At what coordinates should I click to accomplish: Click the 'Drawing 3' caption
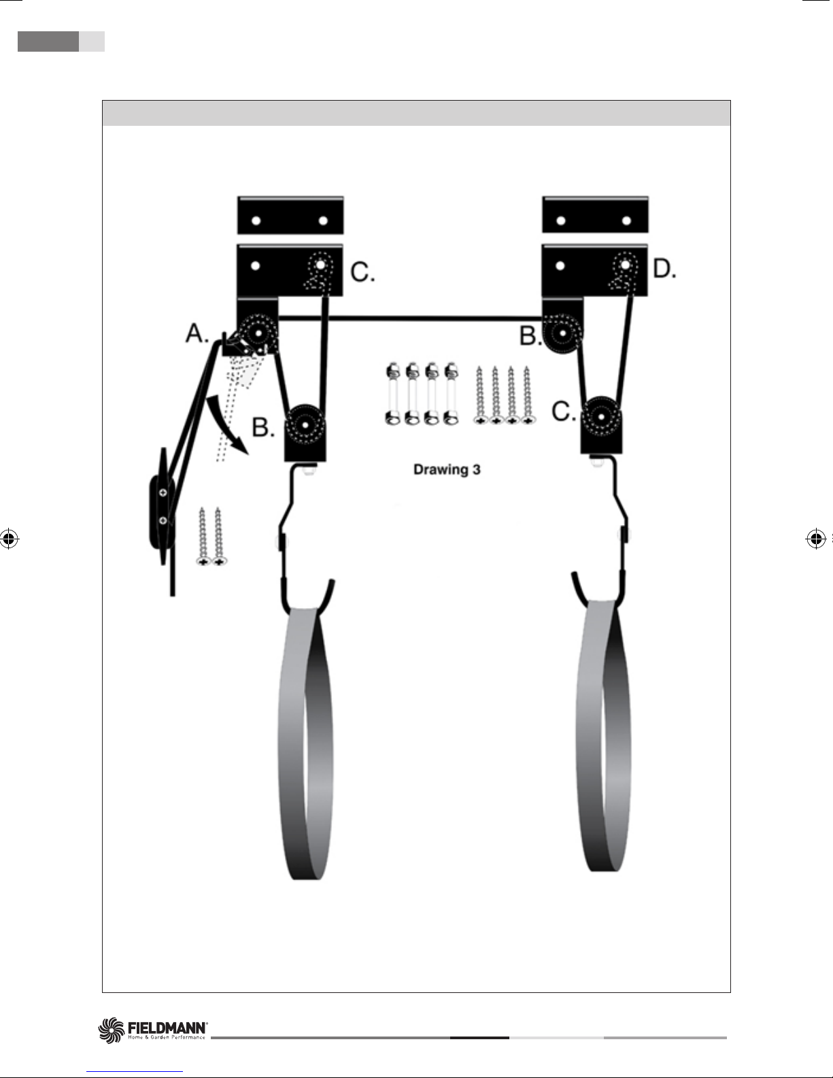pyautogui.click(x=447, y=470)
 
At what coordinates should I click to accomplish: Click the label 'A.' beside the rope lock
pyautogui.click(x=197, y=334)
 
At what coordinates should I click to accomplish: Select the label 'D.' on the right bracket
pyautogui.click(x=664, y=270)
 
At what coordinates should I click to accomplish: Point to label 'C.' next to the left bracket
pyautogui.click(x=362, y=273)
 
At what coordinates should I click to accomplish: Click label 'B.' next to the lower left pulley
pyautogui.click(x=264, y=427)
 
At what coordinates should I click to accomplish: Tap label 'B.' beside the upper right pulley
pyautogui.click(x=530, y=336)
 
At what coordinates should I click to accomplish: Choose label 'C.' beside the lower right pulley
pyautogui.click(x=564, y=411)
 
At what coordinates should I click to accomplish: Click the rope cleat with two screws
pyautogui.click(x=162, y=507)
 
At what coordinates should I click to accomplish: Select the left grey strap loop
pyautogui.click(x=306, y=741)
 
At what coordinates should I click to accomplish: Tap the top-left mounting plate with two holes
pyautogui.click(x=290, y=216)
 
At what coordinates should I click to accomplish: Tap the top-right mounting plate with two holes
pyautogui.click(x=595, y=216)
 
